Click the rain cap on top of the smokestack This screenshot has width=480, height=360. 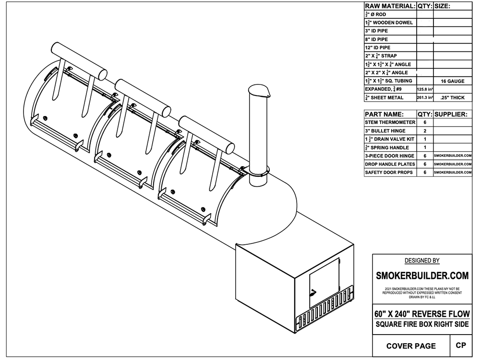(x=260, y=91)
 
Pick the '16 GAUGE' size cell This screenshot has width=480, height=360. (x=453, y=81)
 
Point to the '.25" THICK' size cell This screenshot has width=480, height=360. (x=453, y=97)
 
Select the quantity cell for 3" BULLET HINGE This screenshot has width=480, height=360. (x=425, y=131)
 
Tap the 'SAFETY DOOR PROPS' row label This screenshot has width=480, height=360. (x=389, y=172)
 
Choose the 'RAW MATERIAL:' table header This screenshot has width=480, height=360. (x=390, y=6)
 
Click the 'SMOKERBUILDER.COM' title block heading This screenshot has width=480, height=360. (x=422, y=276)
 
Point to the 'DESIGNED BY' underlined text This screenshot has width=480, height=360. (x=422, y=261)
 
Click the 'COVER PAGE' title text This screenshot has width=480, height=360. (x=411, y=346)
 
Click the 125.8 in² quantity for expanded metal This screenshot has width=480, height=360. (x=425, y=89)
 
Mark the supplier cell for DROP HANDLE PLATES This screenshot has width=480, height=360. (x=453, y=164)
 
